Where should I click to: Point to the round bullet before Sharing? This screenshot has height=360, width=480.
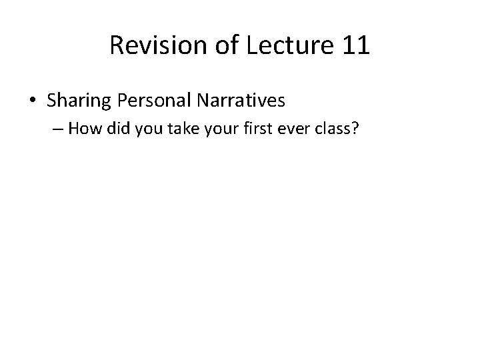33,101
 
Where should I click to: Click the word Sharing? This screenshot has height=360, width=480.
75,101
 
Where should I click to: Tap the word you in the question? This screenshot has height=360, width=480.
150,130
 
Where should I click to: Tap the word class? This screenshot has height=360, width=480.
322,130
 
